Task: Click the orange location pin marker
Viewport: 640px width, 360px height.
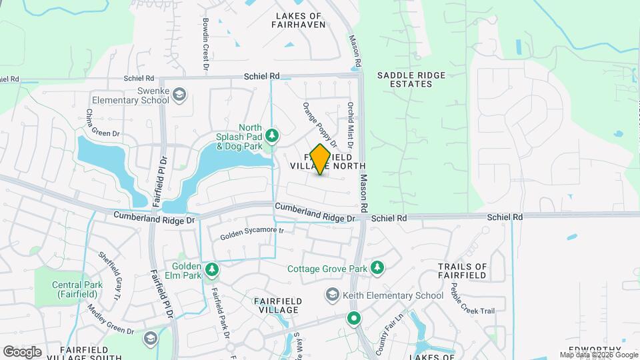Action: click(321, 159)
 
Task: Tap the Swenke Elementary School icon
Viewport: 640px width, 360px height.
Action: click(179, 95)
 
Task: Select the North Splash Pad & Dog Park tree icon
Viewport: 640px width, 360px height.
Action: click(272, 136)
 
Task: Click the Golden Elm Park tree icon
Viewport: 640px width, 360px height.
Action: click(212, 269)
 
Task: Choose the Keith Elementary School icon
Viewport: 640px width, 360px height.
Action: click(332, 295)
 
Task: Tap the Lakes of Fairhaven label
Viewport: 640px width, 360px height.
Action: click(299, 20)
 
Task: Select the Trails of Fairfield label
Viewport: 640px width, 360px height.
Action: click(472, 271)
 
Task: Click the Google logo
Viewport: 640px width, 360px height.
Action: click(22, 351)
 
